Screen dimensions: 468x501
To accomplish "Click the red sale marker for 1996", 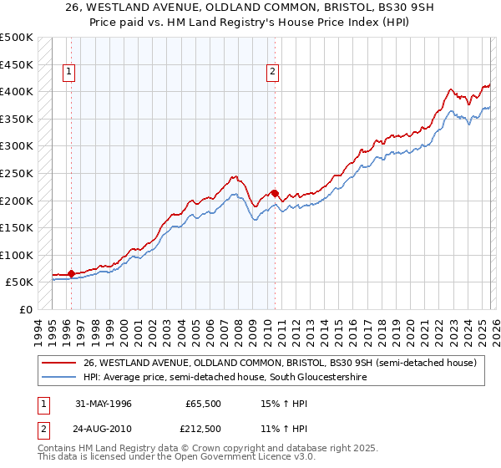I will [x=72, y=273].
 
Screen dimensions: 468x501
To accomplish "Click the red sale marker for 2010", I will [x=275, y=193].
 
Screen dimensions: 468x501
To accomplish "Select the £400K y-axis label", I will [x=18, y=91].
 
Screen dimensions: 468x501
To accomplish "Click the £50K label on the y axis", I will [x=20, y=282].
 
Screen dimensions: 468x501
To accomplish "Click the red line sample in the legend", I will [x=59, y=363].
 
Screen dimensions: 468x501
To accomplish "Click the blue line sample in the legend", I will [x=59, y=378].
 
